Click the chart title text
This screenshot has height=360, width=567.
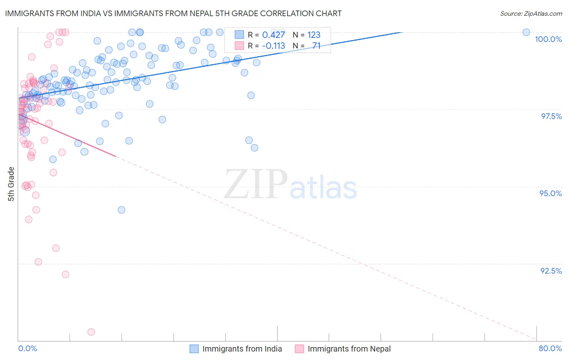click(x=173, y=14)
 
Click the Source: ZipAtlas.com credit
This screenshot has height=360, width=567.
click(x=531, y=14)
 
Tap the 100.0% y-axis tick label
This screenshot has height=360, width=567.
click(x=548, y=39)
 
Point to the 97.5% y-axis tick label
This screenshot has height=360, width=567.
click(x=551, y=116)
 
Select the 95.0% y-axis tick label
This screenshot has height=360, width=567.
click(x=550, y=193)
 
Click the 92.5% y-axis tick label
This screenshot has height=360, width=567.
click(x=551, y=271)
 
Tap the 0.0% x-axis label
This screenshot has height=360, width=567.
click(x=27, y=348)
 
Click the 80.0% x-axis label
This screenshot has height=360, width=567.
click(x=550, y=348)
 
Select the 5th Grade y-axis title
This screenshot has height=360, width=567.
click(x=11, y=184)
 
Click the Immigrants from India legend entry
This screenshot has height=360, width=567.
click(x=242, y=349)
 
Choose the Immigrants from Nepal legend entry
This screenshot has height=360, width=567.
click(x=349, y=349)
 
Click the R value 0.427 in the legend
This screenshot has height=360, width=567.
click(x=273, y=35)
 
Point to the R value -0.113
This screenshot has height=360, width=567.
click(x=273, y=46)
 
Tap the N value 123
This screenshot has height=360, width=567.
click(x=314, y=35)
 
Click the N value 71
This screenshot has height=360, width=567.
click(x=316, y=46)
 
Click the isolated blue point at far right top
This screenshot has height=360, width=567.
click(x=526, y=32)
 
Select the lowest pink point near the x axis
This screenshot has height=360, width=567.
click(x=91, y=332)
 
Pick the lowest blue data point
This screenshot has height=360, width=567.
click(x=121, y=210)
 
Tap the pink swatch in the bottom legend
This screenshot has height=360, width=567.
click(x=299, y=349)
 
